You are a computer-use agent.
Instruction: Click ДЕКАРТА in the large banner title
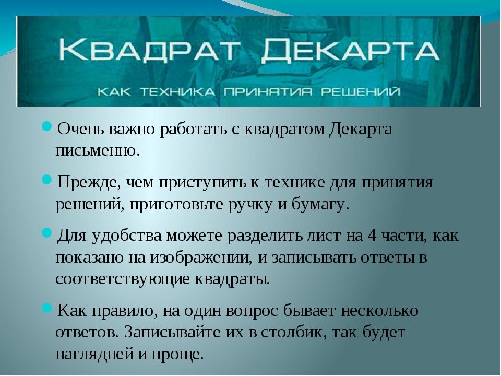[x=350, y=51]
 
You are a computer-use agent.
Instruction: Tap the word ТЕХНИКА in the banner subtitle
[x=177, y=92]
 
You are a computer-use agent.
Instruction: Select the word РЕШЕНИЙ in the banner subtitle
[x=361, y=92]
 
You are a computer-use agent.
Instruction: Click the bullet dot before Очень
[x=46, y=126]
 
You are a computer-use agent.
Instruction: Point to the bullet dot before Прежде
[x=46, y=180]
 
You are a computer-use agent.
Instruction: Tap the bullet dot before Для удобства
[x=46, y=233]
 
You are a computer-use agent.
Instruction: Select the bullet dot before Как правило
[x=46, y=308]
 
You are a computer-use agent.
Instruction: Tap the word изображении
[x=199, y=258]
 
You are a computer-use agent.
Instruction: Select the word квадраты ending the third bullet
[x=232, y=279]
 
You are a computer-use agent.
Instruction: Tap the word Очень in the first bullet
[x=81, y=129]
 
